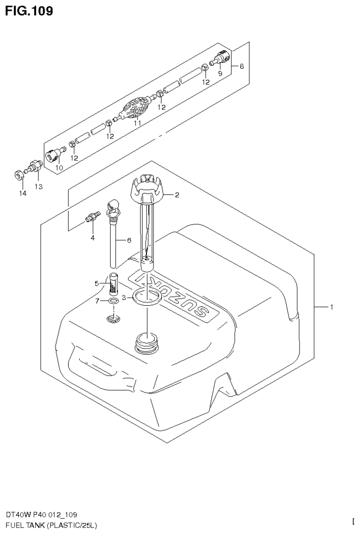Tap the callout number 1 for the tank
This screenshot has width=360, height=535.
coord(331,307)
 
